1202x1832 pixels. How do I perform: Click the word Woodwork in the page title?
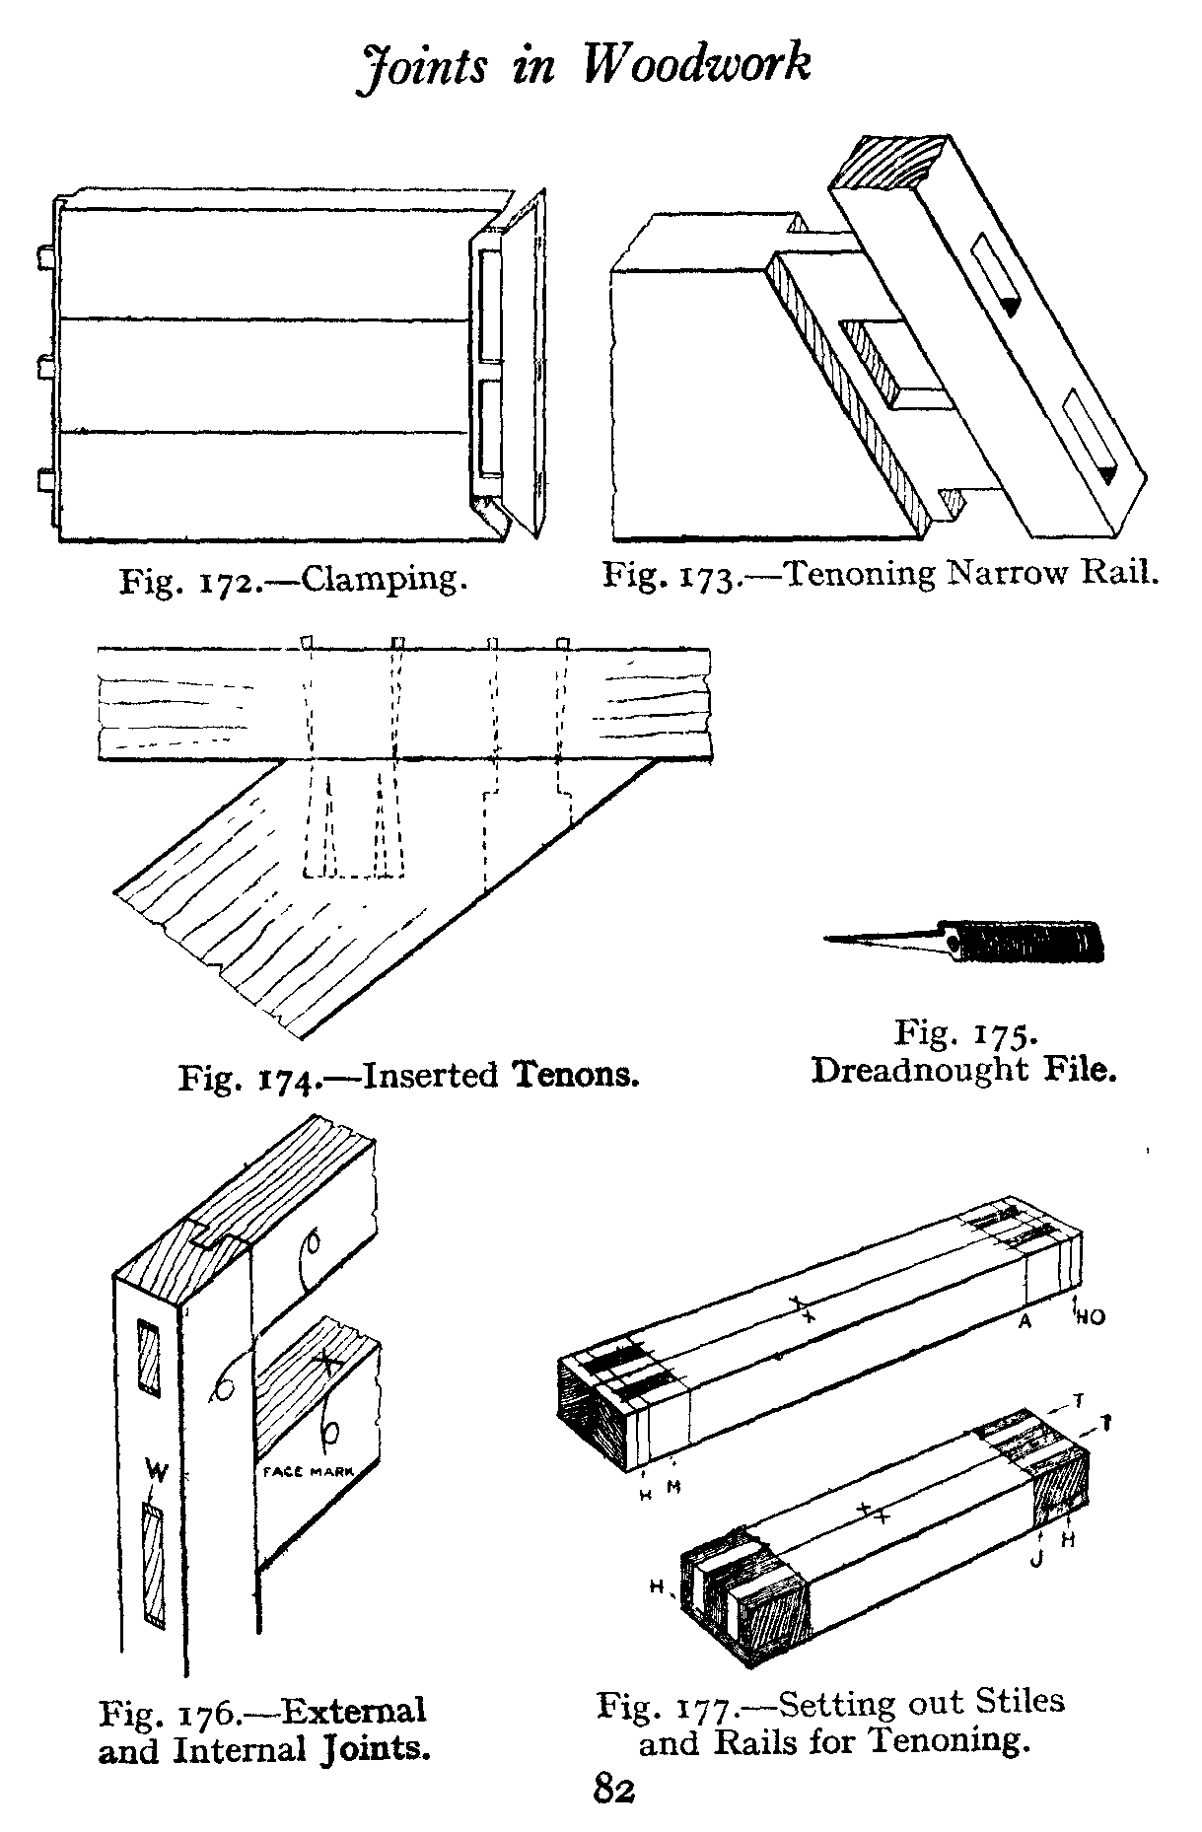click(x=696, y=65)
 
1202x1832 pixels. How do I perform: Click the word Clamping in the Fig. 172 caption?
click(x=384, y=579)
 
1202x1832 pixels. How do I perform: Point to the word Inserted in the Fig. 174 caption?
click(x=431, y=1074)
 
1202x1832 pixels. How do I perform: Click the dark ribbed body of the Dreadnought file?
click(x=1030, y=942)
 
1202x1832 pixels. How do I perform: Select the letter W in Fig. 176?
click(x=156, y=1473)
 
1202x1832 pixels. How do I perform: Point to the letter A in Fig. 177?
click(x=1025, y=1322)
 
